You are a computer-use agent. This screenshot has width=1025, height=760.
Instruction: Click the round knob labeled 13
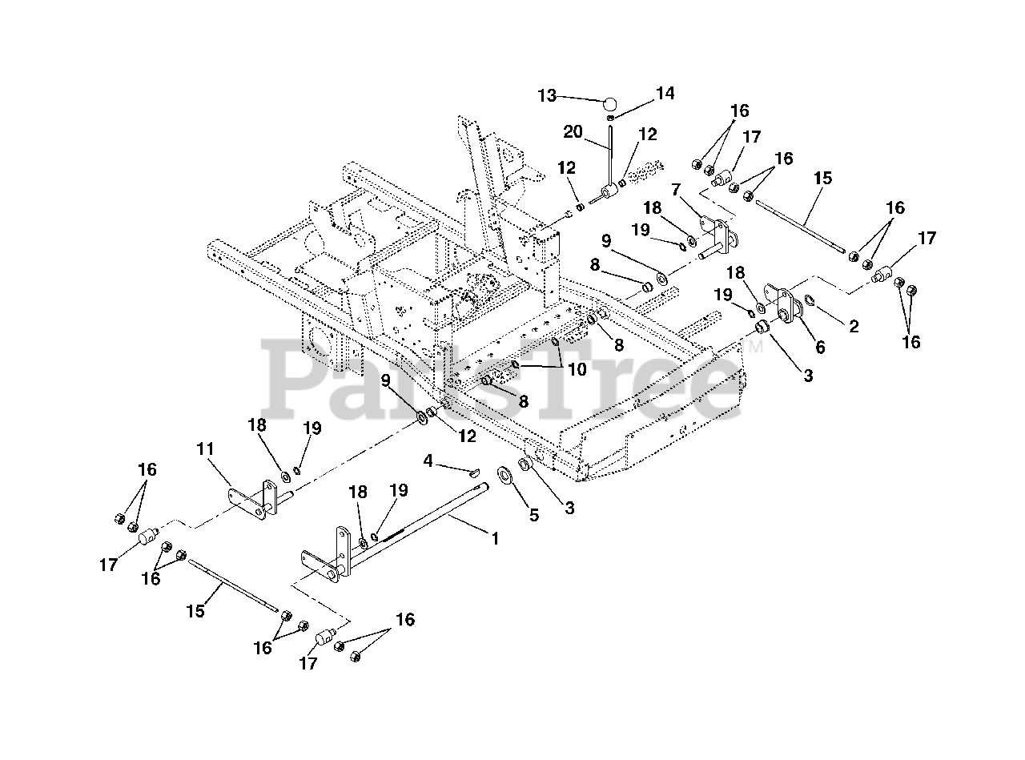tap(610, 103)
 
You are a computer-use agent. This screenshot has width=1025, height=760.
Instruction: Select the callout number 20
tap(573, 132)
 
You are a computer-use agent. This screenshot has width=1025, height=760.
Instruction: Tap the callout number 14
tap(665, 94)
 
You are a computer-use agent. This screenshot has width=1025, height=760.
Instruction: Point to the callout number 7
tap(676, 189)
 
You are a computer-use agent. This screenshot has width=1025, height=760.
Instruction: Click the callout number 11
tap(205, 448)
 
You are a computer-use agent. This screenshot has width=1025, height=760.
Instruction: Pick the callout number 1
tap(496, 538)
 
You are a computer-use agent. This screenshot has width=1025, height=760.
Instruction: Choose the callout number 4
tap(428, 460)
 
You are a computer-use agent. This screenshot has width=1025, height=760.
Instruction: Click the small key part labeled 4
tap(474, 471)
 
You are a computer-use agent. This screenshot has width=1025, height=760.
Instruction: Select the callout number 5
tap(534, 514)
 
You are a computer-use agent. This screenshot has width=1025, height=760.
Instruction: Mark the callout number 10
tap(577, 369)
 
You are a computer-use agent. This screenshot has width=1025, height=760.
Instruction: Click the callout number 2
tap(854, 327)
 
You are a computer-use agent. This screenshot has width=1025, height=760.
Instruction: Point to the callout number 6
tap(820, 348)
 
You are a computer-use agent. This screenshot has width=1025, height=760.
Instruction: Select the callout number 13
tap(547, 95)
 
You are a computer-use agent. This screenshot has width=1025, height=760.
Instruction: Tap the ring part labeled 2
tap(810, 300)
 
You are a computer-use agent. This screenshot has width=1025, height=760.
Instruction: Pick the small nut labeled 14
tap(610, 119)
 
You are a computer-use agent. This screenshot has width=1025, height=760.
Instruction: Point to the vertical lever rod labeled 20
tap(610, 157)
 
